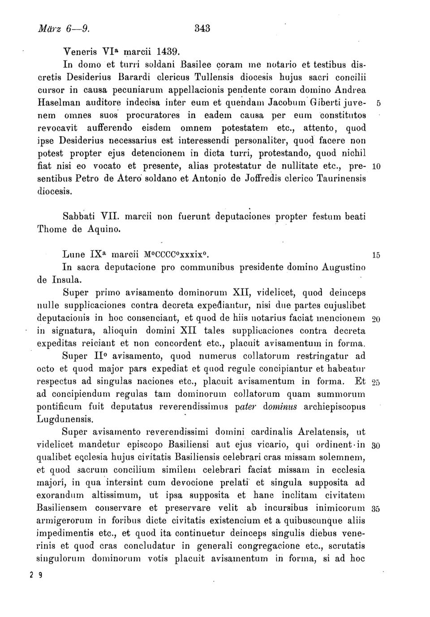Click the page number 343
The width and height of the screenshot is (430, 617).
202,28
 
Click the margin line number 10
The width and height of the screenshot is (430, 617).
376,167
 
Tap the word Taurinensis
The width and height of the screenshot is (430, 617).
341,178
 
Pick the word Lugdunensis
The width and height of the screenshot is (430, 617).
64,420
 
